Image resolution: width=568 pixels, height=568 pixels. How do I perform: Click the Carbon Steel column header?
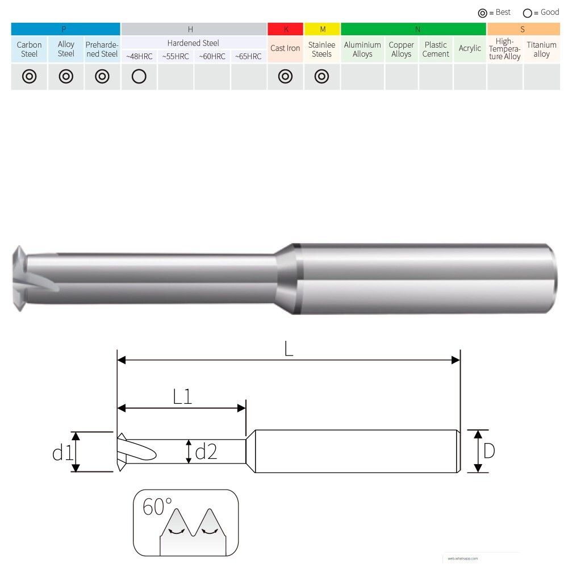click(x=29, y=49)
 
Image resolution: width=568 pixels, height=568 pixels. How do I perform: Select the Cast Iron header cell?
click(x=285, y=48)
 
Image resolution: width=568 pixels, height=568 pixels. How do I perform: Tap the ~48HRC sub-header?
click(x=139, y=56)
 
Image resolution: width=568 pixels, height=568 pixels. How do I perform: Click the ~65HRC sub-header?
click(x=249, y=56)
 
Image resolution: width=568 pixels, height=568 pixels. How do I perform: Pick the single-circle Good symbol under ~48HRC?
click(x=139, y=77)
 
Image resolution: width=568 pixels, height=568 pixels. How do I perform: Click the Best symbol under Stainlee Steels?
click(x=321, y=77)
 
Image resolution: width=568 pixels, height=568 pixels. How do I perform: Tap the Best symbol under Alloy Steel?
click(x=66, y=77)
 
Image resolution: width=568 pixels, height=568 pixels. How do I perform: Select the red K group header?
click(x=286, y=29)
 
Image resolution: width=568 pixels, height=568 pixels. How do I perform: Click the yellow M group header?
click(x=322, y=29)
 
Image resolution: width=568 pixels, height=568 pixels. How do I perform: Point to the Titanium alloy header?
click(x=541, y=49)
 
